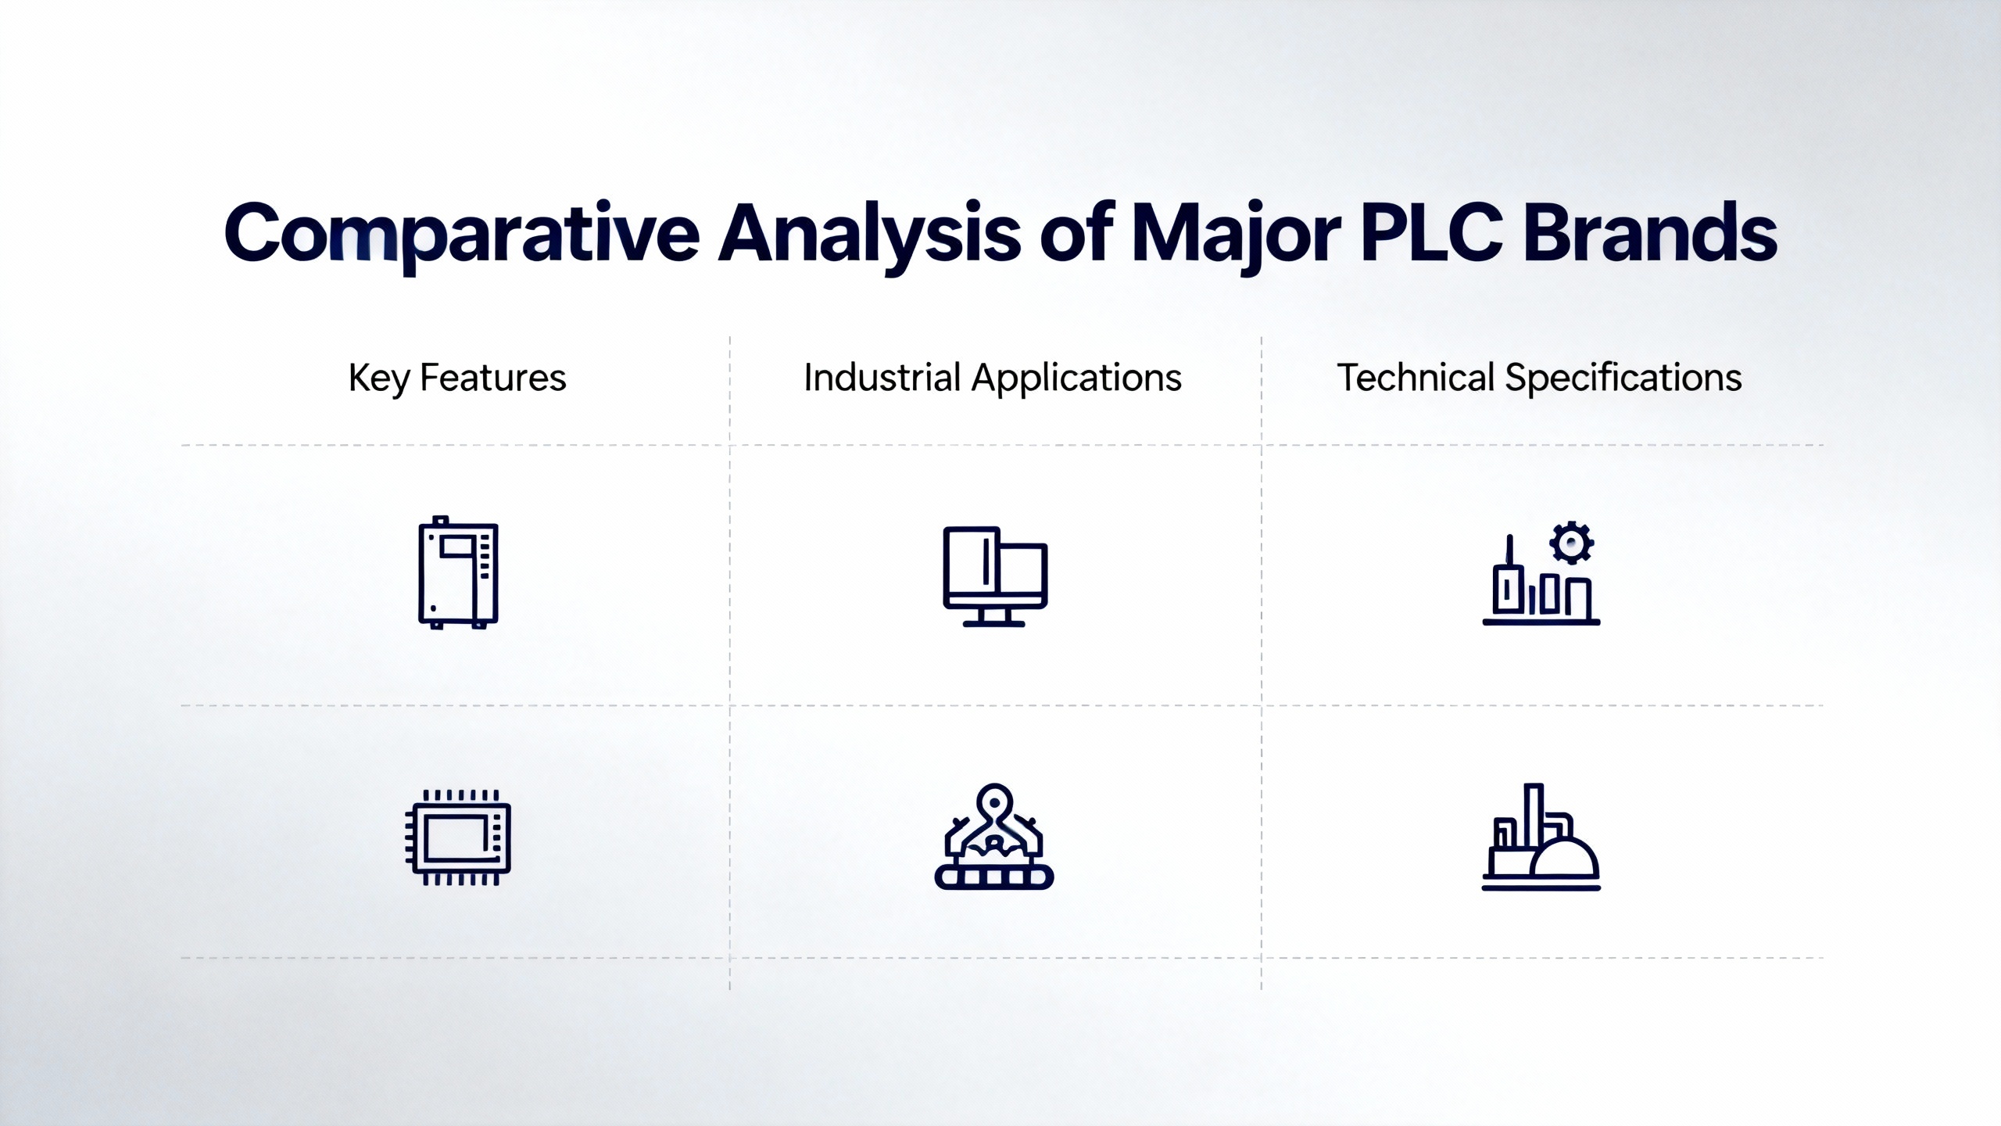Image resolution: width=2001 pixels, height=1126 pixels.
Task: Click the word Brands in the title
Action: coord(1650,233)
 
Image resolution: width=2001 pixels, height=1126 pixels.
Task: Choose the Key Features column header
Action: coord(457,378)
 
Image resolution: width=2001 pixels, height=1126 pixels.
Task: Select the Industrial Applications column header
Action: coord(993,378)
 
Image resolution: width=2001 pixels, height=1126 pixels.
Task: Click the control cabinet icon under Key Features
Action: coord(458,572)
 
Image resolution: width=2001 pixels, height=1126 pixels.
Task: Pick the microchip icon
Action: coord(458,837)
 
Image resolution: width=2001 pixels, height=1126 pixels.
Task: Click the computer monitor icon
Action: coord(994,576)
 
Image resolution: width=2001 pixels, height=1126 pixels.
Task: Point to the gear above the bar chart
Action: coord(1572,543)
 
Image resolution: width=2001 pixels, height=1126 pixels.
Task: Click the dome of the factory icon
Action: coord(1565,856)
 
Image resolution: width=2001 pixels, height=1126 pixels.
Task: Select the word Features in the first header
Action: coord(493,378)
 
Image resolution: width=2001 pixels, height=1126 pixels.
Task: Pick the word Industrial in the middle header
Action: coord(882,378)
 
